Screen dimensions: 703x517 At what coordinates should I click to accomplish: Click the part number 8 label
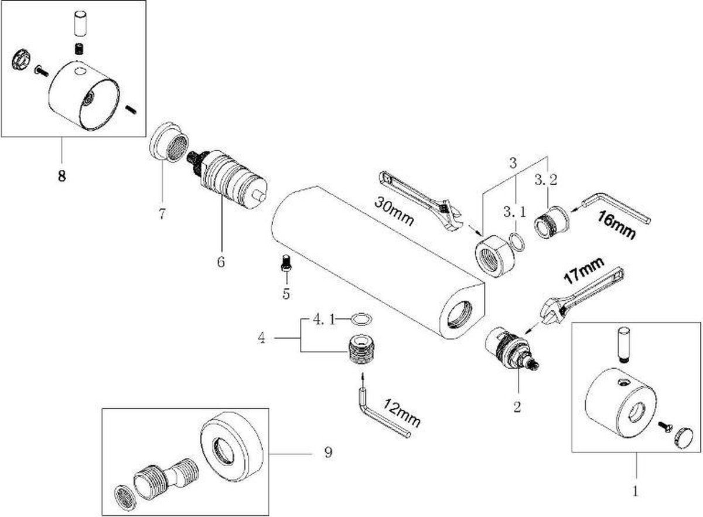coord(62,176)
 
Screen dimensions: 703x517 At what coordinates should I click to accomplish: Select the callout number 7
coord(162,214)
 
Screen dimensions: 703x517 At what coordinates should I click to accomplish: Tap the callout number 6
coord(221,262)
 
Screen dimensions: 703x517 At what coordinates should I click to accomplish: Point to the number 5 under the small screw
coord(286,294)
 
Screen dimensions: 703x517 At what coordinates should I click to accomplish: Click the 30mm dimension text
coord(394,211)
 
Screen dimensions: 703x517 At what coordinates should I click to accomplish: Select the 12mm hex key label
coord(402,413)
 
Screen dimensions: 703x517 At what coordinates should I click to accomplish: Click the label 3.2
coord(546,180)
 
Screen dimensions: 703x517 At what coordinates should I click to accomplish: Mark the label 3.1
coord(515,212)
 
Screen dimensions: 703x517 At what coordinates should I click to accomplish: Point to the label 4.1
coord(323,321)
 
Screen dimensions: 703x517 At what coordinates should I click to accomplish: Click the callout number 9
coord(328,453)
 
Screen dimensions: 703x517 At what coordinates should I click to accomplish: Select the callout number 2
coord(517,407)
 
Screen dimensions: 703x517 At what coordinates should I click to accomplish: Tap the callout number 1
coord(635,491)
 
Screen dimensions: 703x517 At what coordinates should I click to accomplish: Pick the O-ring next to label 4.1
coord(361,319)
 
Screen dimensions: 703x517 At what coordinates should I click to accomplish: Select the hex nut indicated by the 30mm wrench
coord(494,256)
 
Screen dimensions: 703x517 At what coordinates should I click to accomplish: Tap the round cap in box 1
coord(683,439)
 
